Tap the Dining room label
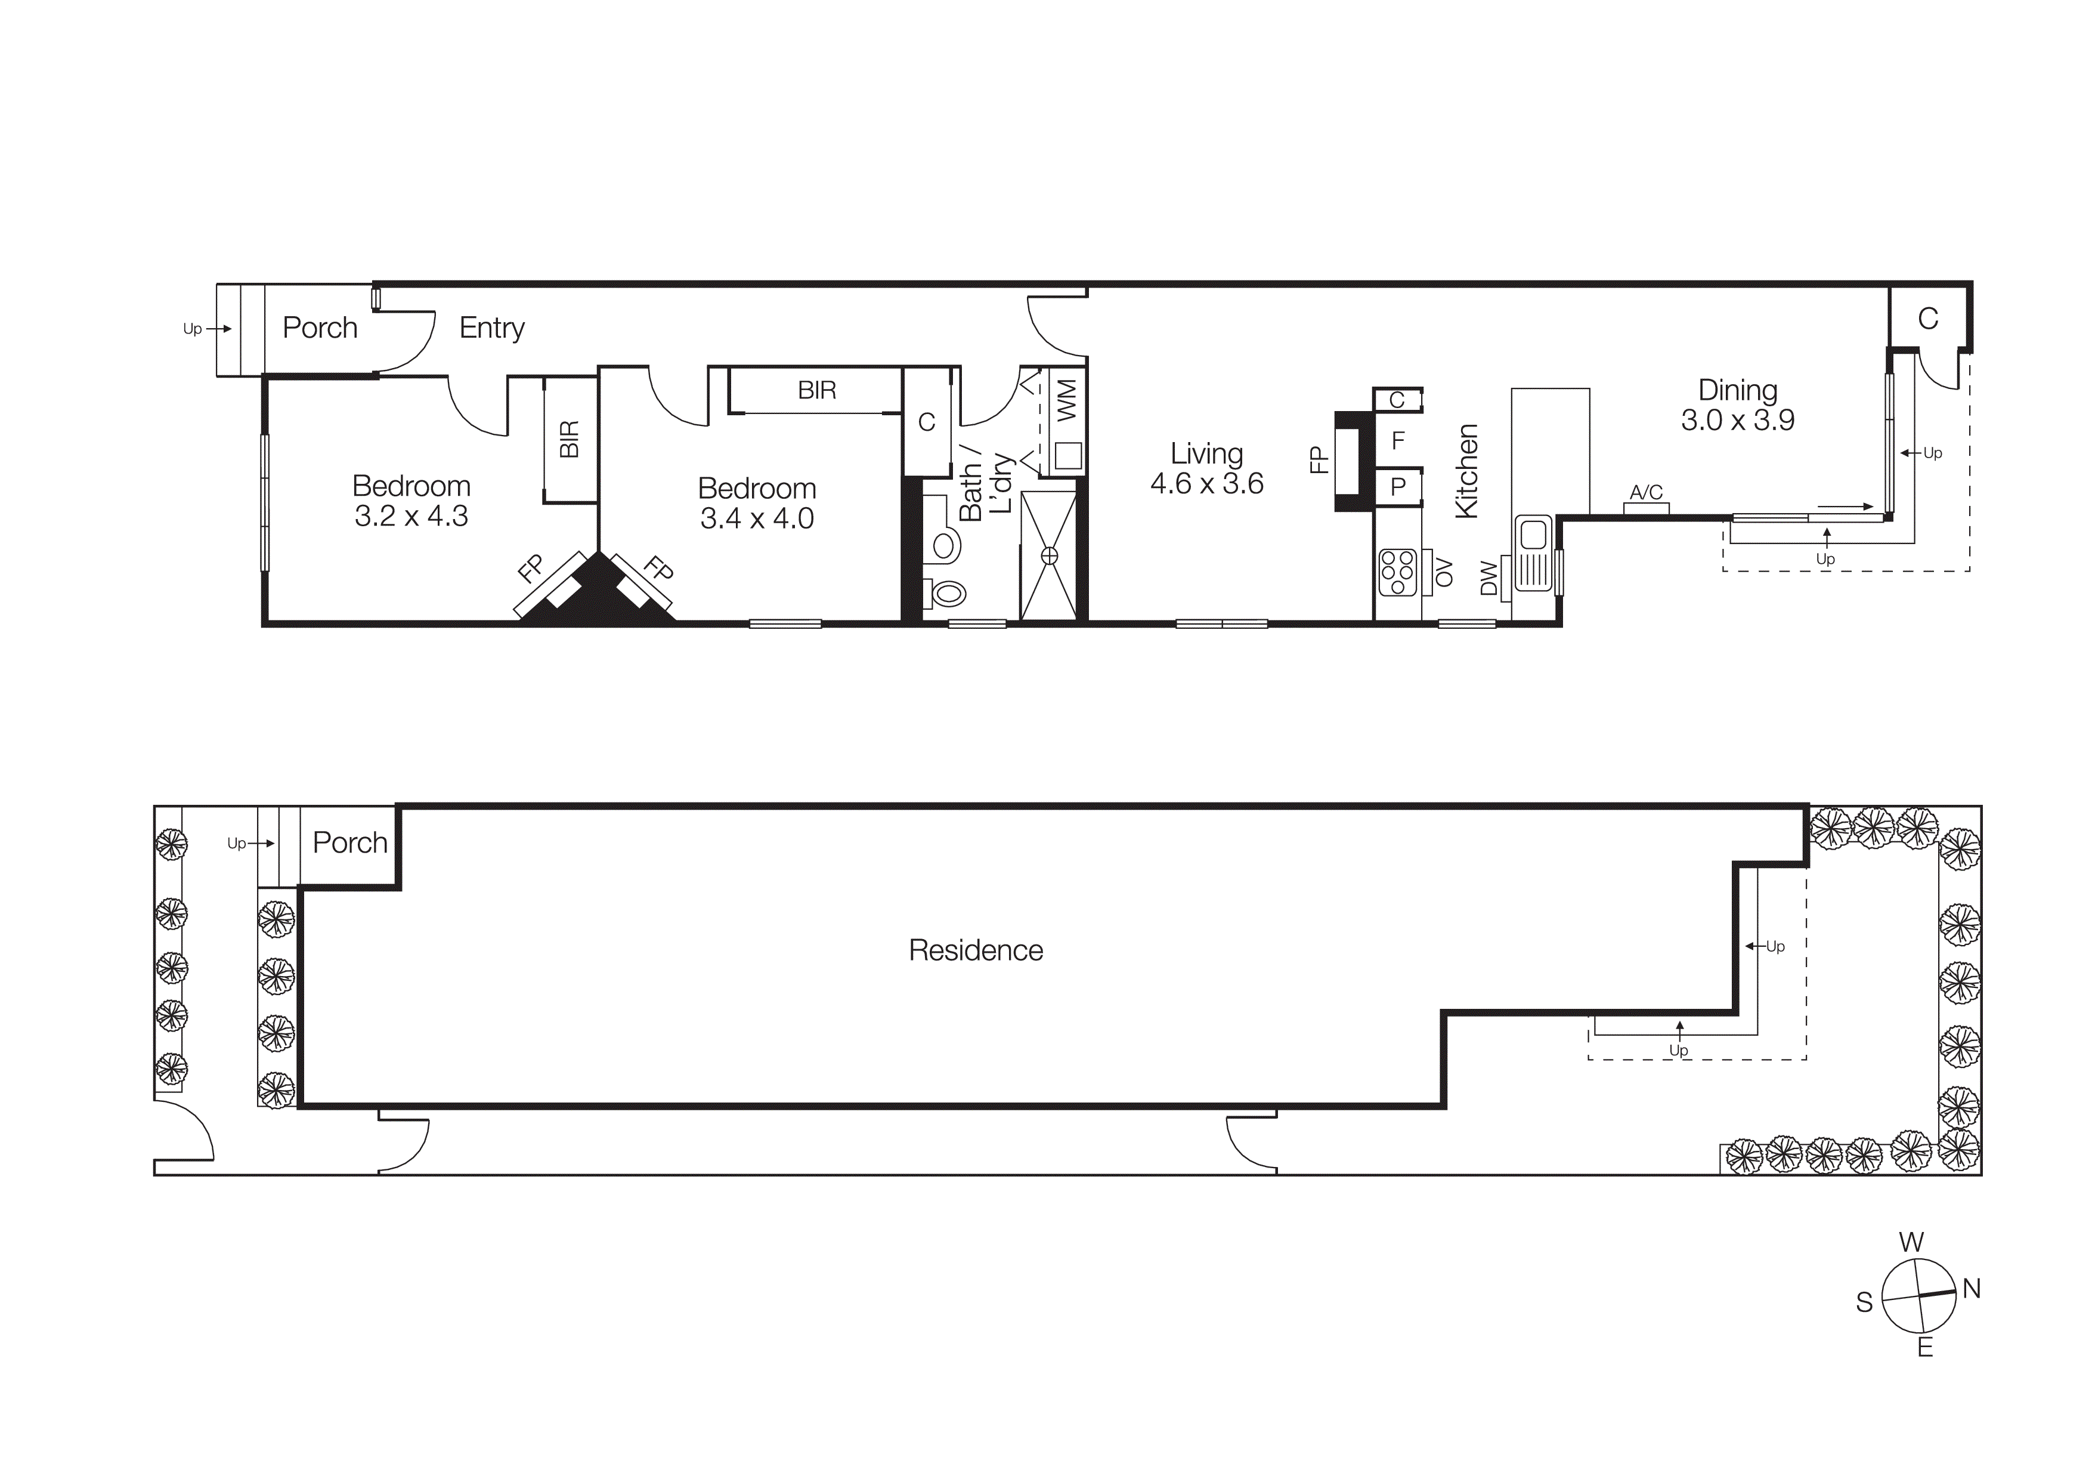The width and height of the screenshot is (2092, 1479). point(1738,390)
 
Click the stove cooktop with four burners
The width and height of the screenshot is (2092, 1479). point(1397,572)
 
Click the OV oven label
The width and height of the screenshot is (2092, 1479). point(1443,572)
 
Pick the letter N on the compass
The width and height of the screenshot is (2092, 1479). point(1971,1289)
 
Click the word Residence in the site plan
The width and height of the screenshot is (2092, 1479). point(975,950)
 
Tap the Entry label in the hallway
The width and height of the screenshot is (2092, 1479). point(491,328)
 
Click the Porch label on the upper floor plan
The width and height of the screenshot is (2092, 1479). point(320,328)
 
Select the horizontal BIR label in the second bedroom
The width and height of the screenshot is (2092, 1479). point(816,390)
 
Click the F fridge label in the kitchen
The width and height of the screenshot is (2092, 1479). point(1398,441)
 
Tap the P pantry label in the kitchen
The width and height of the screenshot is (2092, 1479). point(1398,487)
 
